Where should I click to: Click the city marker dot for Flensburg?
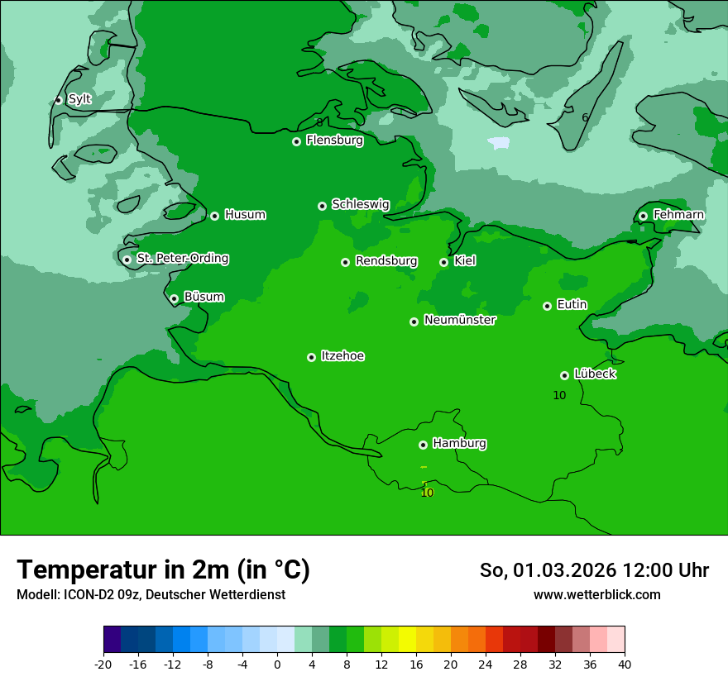point(296,141)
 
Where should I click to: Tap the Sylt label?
point(79,99)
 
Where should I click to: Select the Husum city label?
point(245,215)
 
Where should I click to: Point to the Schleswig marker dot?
point(322,206)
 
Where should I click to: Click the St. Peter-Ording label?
point(183,259)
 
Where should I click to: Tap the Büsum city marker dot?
point(174,298)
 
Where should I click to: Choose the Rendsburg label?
point(386,261)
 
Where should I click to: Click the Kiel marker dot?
point(443,262)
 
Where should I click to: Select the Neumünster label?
point(460,320)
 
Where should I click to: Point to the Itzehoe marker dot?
point(311,357)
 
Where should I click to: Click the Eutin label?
point(572,305)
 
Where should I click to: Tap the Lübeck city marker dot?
point(564,375)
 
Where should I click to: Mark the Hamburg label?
point(459,444)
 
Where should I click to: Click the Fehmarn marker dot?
point(643,216)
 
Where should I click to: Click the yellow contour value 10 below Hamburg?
point(427,493)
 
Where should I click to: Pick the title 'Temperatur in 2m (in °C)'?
point(163,569)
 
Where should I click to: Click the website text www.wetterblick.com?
point(596,595)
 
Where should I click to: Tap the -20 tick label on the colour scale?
point(103,665)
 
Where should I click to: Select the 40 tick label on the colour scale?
point(625,665)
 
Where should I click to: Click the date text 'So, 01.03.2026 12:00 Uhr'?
point(594,570)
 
